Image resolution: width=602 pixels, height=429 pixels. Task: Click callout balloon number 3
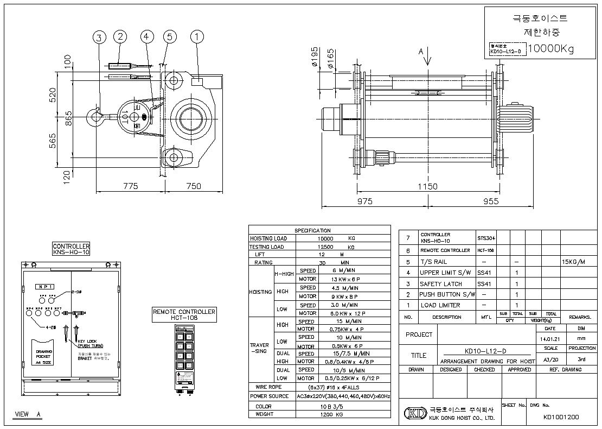[99, 37]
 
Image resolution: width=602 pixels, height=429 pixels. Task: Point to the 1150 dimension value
[427, 186]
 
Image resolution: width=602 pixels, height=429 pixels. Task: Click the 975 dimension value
[364, 201]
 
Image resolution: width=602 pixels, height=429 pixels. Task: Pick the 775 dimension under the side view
[130, 186]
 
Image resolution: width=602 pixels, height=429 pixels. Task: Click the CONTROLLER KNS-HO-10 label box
[71, 249]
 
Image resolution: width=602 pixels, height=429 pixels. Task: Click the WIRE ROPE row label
[271, 387]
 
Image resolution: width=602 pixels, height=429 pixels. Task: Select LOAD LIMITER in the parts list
[440, 305]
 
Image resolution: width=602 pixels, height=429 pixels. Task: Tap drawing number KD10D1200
[561, 418]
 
